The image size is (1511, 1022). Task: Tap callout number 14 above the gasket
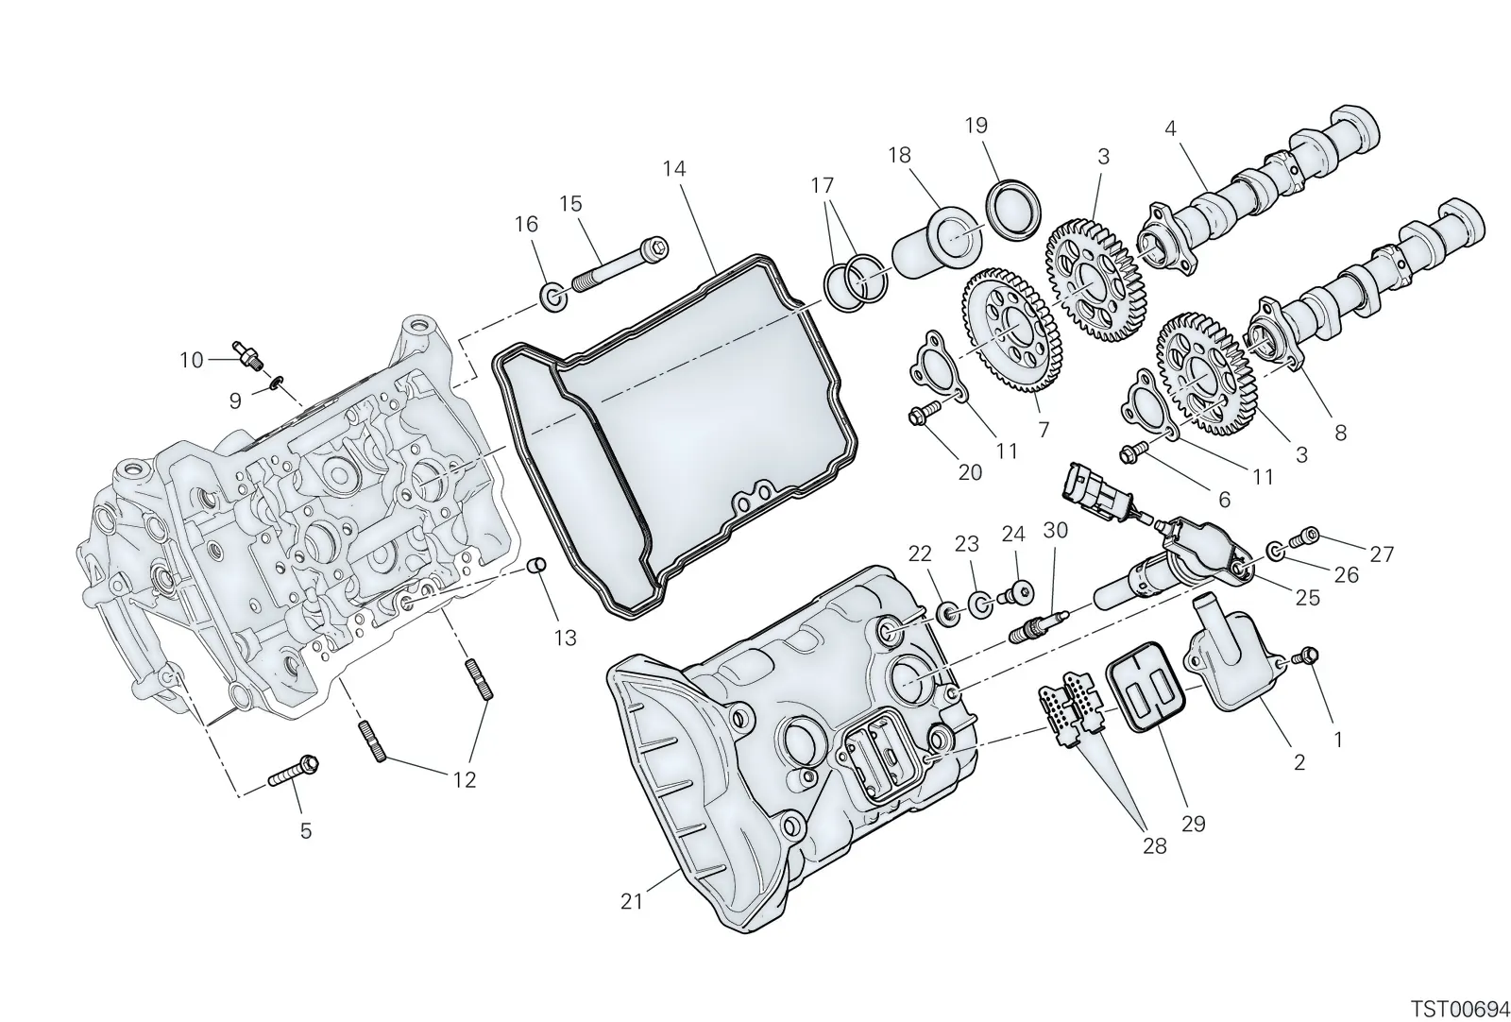pos(674,169)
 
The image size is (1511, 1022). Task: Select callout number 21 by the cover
pos(632,901)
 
